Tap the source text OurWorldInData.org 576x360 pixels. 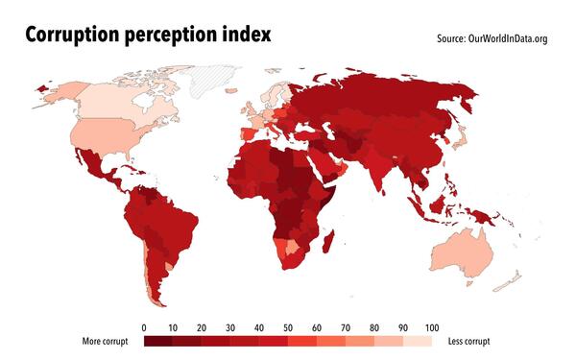pyautogui.click(x=506, y=39)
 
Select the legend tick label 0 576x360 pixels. pyautogui.click(x=143, y=327)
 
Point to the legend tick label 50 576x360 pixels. pyautogui.click(x=287, y=327)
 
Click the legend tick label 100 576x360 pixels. pyautogui.click(x=431, y=327)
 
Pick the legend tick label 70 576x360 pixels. pyautogui.click(x=345, y=327)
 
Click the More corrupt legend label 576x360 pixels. pyautogui.click(x=106, y=342)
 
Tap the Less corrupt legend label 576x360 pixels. pyautogui.click(x=468, y=342)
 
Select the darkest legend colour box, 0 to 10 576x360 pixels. pyautogui.click(x=157, y=341)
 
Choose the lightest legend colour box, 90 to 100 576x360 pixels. pyautogui.click(x=417, y=341)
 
